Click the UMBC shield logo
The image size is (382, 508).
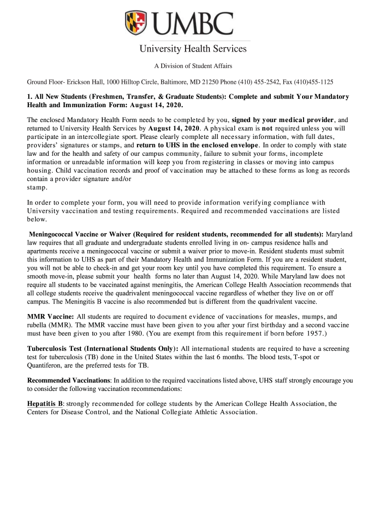tap(136, 23)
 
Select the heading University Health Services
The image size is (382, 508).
tap(192, 49)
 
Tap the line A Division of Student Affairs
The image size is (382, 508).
tap(192, 66)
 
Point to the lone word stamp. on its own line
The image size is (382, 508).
tap(37, 188)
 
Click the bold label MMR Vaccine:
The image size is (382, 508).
tap(50, 317)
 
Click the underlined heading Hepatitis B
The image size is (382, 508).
tap(45, 404)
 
